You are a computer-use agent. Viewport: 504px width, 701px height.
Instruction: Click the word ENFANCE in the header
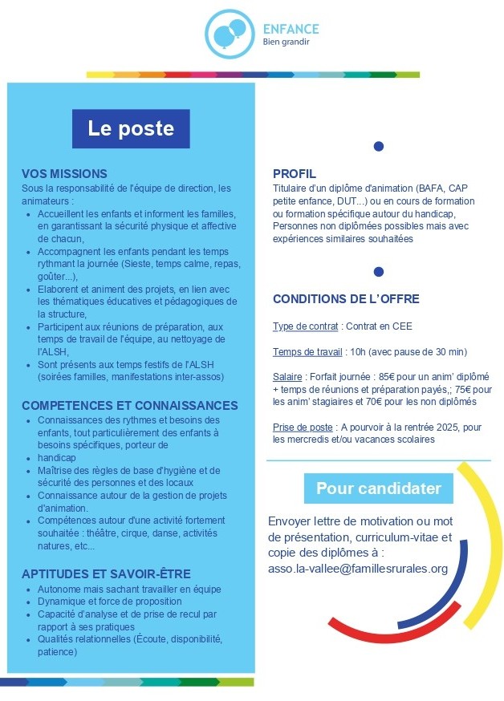(291, 29)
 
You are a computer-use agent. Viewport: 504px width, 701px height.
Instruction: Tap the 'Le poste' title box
(131, 129)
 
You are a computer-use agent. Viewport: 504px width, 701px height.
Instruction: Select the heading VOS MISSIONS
(64, 173)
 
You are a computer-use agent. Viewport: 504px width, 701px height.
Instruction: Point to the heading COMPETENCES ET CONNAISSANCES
(130, 406)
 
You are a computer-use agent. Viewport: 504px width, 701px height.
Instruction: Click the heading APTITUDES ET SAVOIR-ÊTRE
(106, 573)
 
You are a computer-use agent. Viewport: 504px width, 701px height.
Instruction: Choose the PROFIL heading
(295, 173)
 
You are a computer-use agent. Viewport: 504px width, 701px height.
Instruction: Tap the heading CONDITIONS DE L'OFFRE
(346, 299)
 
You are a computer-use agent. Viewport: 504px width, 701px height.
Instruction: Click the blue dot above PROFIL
(379, 146)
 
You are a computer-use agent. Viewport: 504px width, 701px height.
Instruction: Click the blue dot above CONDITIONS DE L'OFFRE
(379, 272)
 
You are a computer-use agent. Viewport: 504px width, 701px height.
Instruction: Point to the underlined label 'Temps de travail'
(307, 352)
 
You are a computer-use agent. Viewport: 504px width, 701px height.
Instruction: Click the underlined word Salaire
(288, 377)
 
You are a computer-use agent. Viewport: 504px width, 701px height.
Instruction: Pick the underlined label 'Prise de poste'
(303, 427)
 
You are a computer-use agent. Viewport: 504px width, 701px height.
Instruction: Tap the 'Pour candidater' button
(379, 488)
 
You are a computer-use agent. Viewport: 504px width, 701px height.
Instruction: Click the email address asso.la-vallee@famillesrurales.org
(358, 569)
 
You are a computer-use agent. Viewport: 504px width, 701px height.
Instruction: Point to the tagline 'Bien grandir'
(286, 43)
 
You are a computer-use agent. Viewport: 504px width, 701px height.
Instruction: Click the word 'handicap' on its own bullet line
(56, 457)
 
